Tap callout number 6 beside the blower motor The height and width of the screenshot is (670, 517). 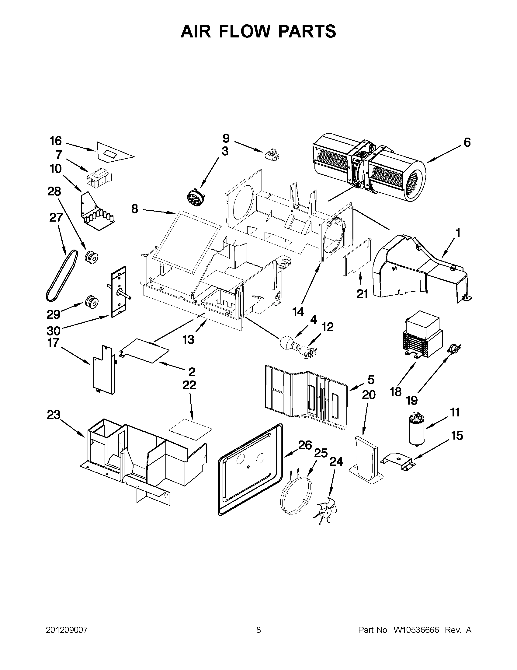pyautogui.click(x=467, y=142)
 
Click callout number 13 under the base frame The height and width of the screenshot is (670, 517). pyautogui.click(x=189, y=339)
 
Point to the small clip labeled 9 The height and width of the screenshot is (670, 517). pyautogui.click(x=272, y=154)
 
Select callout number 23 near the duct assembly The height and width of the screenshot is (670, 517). pyautogui.click(x=54, y=415)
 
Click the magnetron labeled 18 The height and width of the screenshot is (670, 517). pyautogui.click(x=422, y=339)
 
